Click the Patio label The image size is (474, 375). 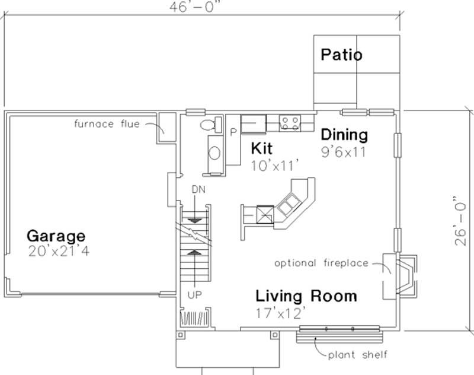341,55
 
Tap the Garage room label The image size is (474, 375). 56,236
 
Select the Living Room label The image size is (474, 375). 306,295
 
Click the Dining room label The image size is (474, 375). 344,135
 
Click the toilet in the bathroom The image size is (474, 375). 208,125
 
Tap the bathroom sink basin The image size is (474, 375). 214,153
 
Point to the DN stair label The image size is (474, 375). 197,189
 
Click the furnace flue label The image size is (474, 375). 107,124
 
